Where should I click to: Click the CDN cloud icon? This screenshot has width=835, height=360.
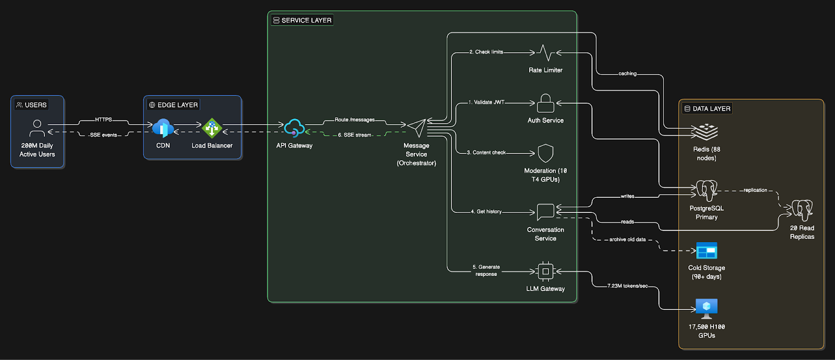[163, 128]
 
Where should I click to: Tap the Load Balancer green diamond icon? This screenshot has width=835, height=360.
[212, 128]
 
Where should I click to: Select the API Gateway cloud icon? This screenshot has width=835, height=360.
[294, 128]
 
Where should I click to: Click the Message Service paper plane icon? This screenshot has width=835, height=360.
[417, 127]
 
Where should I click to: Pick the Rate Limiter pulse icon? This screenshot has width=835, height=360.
[545, 53]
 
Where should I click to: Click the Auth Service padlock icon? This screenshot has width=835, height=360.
[545, 103]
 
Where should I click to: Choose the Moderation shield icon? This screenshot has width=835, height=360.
[545, 153]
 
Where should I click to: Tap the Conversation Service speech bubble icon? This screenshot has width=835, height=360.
[545, 211]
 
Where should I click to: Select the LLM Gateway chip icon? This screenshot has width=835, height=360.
[545, 271]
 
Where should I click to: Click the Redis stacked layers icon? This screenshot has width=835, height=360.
[706, 131]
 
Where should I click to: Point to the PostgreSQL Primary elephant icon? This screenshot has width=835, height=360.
[707, 190]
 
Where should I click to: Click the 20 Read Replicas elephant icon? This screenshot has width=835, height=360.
[802, 210]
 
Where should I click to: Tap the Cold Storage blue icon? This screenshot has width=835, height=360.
[707, 251]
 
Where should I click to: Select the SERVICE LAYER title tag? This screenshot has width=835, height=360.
[302, 20]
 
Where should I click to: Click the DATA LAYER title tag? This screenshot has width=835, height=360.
[707, 109]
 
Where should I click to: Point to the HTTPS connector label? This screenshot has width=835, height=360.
[103, 119]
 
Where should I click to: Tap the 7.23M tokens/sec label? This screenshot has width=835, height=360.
[627, 286]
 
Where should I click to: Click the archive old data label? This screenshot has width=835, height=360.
[627, 239]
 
